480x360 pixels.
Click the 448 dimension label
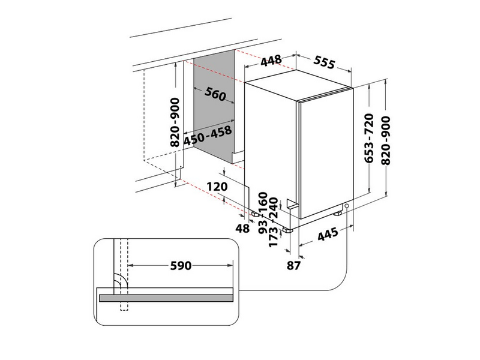pos(271,60)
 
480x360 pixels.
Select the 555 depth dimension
pos(325,63)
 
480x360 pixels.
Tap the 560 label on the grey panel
pos(215,94)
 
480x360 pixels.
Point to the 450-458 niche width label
pos(208,136)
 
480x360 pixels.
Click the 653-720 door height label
pos(370,138)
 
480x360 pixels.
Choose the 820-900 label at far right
pos(386,140)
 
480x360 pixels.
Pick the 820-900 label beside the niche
pos(175,122)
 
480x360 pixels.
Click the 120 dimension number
pos(217,187)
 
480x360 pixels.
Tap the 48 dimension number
pos(242,228)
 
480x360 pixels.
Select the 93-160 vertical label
pos(263,213)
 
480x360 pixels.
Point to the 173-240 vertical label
pos(273,222)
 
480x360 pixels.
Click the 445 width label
pos(328,234)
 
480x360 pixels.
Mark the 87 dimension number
pos(293,266)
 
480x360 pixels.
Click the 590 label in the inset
pos(181,266)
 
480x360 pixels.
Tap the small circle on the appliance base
pos(347,206)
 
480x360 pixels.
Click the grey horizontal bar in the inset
pos(166,298)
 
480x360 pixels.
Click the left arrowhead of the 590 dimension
pos(130,265)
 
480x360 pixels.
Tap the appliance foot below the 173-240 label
pos(288,230)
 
